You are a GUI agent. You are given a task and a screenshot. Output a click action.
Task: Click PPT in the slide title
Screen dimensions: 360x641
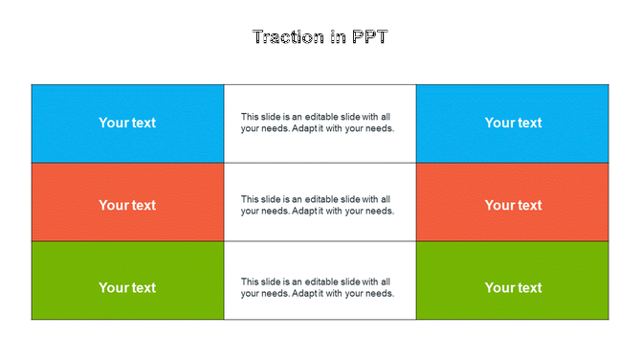(x=368, y=37)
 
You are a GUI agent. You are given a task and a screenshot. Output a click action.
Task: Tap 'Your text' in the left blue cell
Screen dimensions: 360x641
(x=127, y=123)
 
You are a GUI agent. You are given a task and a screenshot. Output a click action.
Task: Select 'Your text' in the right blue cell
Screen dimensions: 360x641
(x=513, y=123)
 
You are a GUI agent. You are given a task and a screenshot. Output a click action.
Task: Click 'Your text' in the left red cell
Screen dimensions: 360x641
(x=127, y=205)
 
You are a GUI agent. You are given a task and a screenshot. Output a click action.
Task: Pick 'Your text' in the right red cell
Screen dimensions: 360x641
(x=513, y=205)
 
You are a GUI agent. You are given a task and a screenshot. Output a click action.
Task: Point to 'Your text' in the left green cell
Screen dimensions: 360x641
(x=127, y=287)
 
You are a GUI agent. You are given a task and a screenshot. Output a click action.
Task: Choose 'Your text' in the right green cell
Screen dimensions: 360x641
(x=513, y=287)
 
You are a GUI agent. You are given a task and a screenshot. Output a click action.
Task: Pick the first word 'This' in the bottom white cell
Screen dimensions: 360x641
(x=250, y=281)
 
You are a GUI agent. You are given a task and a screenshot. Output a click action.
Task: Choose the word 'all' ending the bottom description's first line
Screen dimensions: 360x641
(x=386, y=281)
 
